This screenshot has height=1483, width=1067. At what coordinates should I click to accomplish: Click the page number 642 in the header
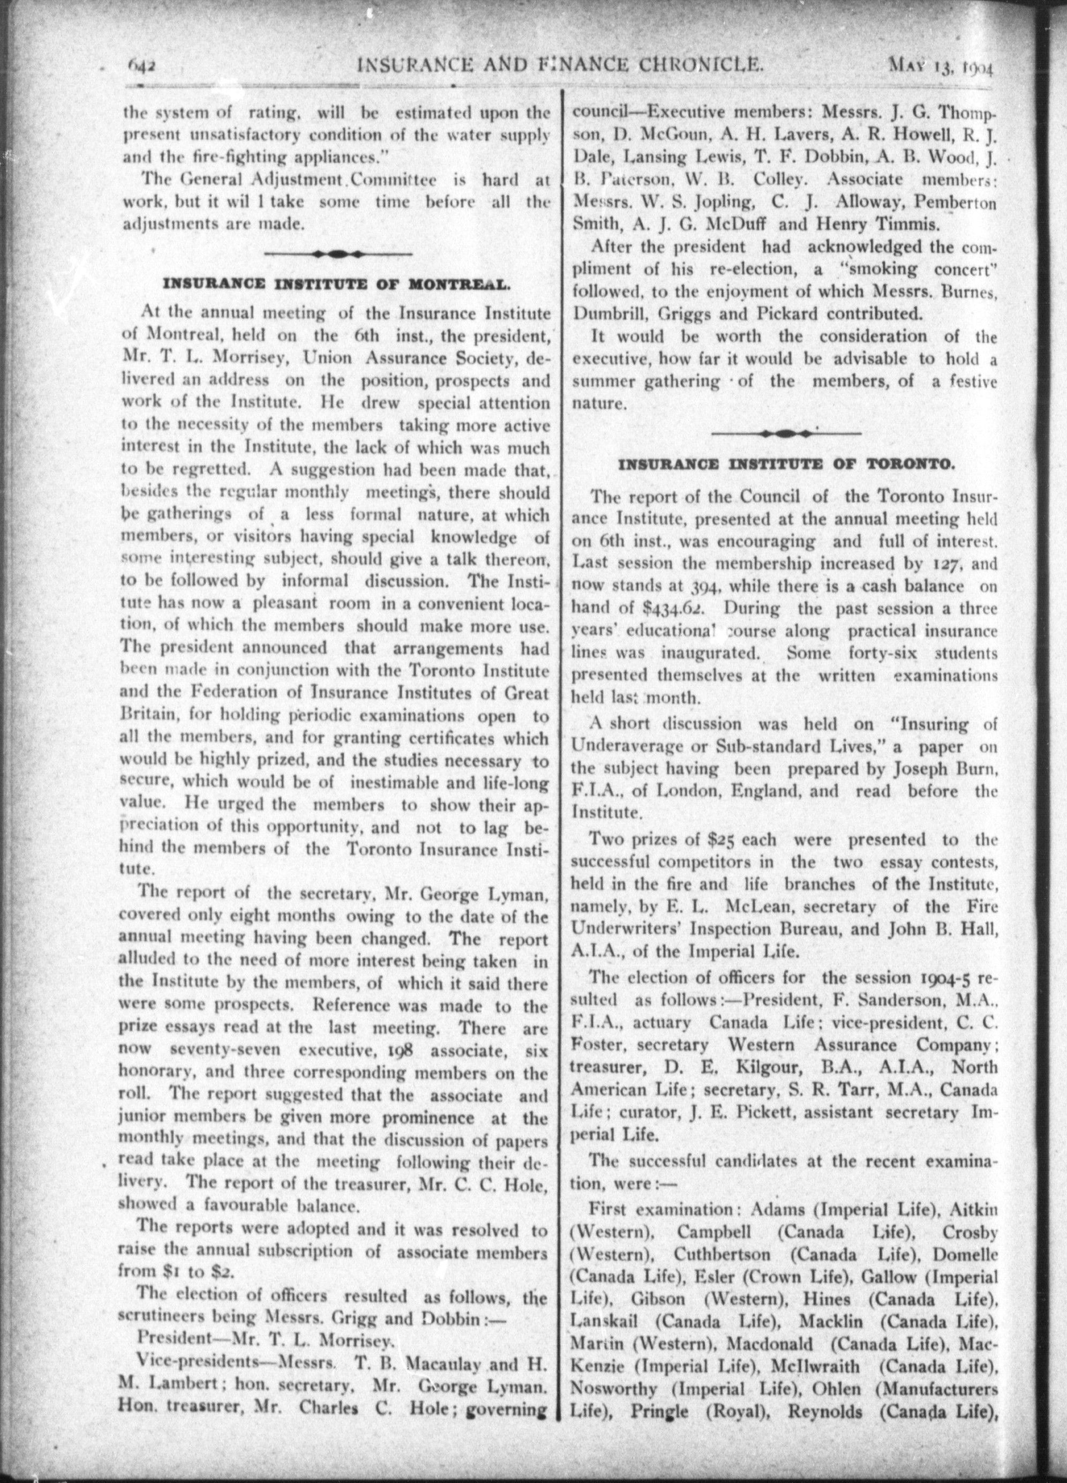point(140,65)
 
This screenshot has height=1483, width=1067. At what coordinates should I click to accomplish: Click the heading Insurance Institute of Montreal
point(335,284)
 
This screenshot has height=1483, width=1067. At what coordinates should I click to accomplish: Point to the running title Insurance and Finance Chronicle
point(560,65)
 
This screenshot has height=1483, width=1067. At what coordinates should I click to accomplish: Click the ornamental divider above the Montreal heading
point(338,254)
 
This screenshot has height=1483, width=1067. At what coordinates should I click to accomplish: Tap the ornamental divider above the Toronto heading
point(786,433)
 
